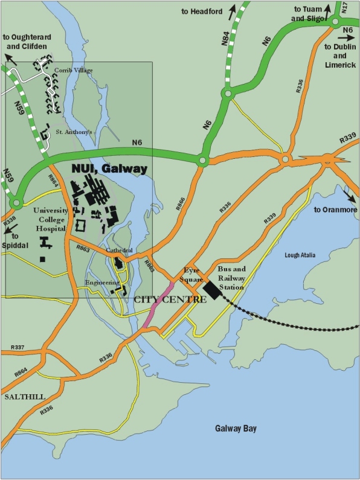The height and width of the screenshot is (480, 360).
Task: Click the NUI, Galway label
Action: tap(109, 168)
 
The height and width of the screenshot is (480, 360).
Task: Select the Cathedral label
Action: tap(120, 250)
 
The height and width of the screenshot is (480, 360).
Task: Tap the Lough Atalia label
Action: tap(300, 255)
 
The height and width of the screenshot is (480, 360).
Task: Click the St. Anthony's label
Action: tap(73, 131)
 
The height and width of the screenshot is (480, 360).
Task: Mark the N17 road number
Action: tap(344, 8)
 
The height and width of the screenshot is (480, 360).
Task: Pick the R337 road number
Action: tap(18, 348)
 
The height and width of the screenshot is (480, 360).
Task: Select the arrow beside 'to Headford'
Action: tap(230, 11)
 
